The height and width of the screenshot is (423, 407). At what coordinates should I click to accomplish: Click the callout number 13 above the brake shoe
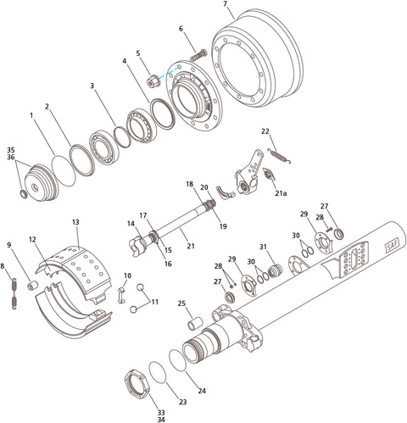[x=75, y=221]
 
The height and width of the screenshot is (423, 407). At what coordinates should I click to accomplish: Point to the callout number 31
[x=263, y=247]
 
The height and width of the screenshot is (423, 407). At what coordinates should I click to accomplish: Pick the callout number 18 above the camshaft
[x=190, y=183]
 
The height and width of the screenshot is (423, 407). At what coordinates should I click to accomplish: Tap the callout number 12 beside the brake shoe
[x=31, y=239]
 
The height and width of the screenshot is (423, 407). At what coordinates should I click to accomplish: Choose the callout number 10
[x=127, y=276]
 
